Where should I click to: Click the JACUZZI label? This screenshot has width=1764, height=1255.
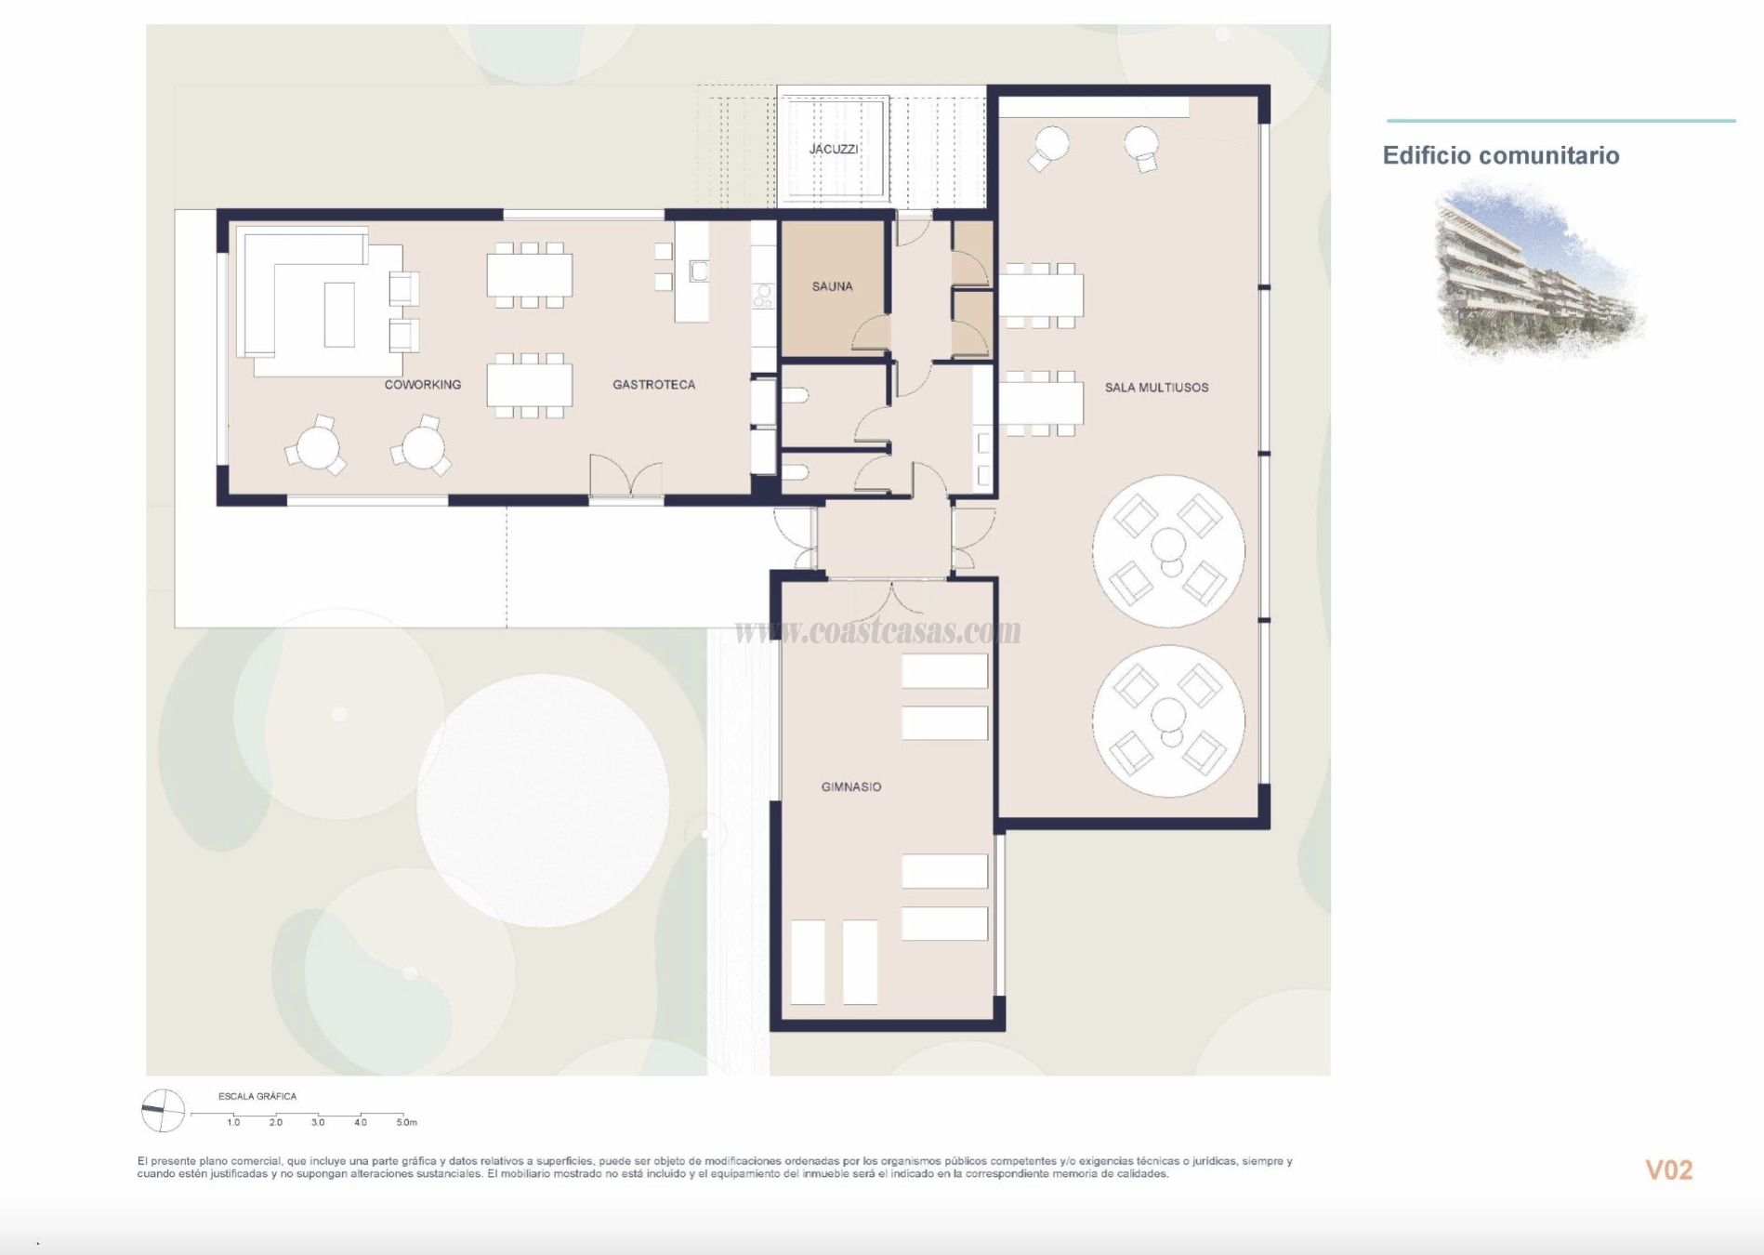833,149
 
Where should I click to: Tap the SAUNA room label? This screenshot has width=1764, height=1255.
832,286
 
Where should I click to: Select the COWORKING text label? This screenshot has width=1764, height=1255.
422,384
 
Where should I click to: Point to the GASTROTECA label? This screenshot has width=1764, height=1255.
653,384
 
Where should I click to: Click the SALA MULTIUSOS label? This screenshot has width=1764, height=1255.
1156,387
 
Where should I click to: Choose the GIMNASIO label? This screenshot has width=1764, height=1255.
850,786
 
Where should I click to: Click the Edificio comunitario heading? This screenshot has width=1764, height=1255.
1500,155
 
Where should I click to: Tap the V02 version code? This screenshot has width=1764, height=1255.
1668,1169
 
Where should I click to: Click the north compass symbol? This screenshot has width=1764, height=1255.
163,1110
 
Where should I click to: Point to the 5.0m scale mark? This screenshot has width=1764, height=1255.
406,1122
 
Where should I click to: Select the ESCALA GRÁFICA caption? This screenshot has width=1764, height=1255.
257,1096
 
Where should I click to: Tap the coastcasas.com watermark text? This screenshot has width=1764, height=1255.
878,631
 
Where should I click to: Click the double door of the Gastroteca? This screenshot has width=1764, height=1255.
626,478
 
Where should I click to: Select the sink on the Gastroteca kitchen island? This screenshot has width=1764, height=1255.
699,271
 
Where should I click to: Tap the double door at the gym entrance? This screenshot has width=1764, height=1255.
890,597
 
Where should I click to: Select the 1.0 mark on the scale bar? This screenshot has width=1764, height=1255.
233,1122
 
